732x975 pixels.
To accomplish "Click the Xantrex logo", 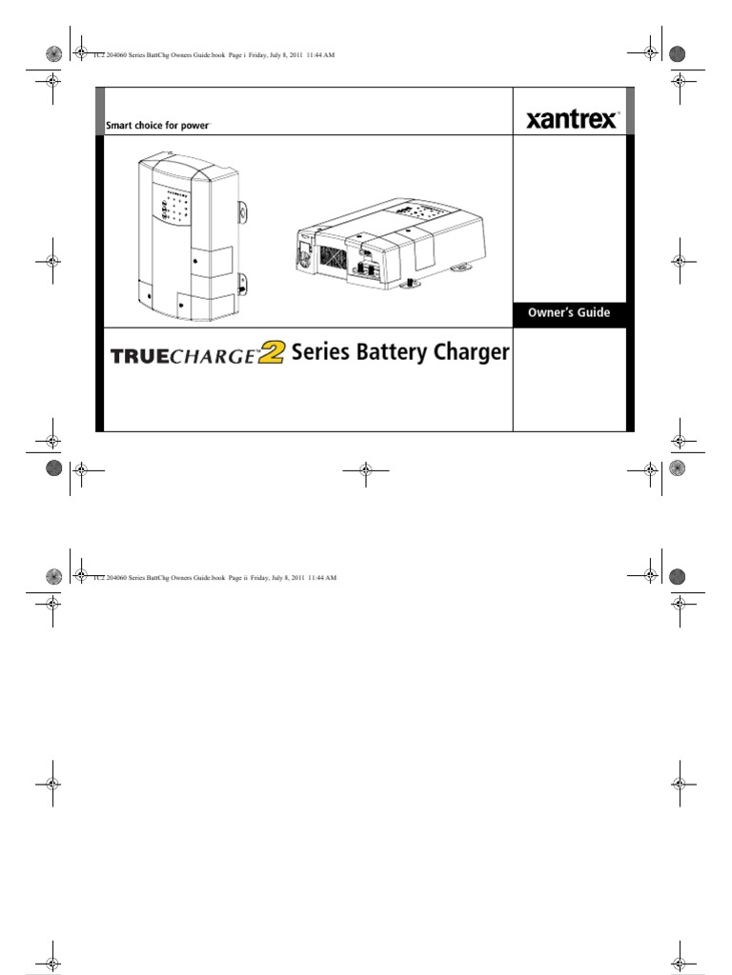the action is click(x=571, y=121).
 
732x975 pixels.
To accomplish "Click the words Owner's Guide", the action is click(x=570, y=312).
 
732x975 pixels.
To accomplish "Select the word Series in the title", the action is click(x=322, y=353).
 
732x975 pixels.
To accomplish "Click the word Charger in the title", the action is click(x=474, y=354).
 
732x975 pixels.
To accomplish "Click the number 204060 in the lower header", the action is click(x=118, y=578).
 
